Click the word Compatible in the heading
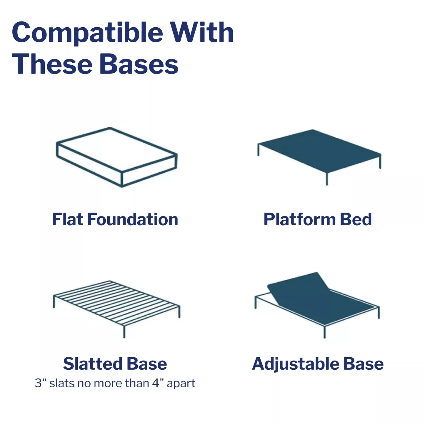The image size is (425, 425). [88, 33]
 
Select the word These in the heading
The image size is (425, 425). [52, 64]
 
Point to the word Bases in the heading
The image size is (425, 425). [139, 64]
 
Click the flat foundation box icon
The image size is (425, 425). [117, 157]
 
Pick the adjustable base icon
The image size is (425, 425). [317, 305]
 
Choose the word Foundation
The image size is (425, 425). [133, 219]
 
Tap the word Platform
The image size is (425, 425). [300, 219]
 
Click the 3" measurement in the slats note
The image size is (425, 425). [40, 383]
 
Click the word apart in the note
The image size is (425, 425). [181, 384]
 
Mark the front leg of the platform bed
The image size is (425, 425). [327, 179]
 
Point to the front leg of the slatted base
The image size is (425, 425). [124, 331]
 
